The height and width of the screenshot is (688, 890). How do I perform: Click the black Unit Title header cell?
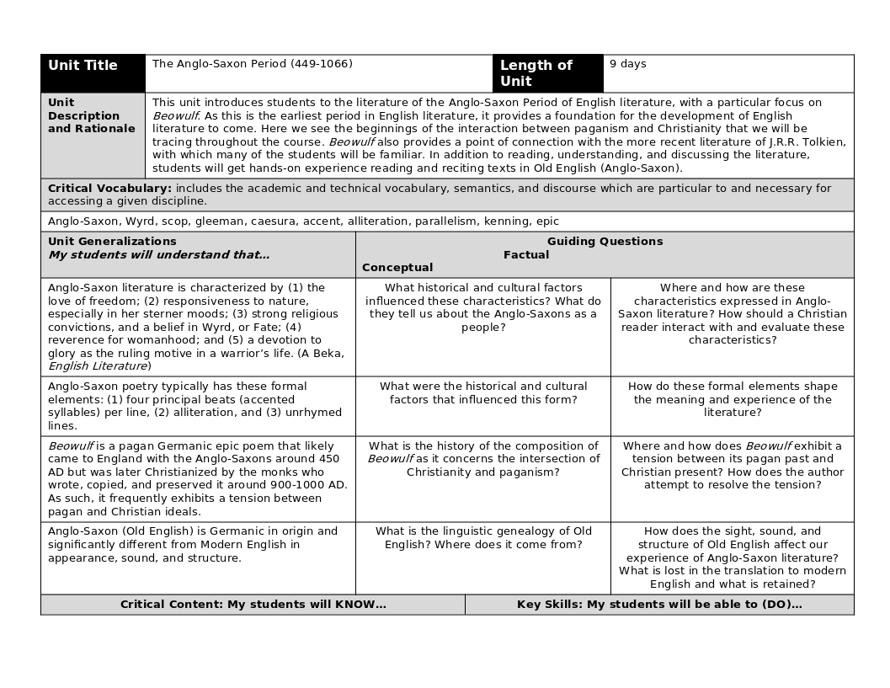[93, 73]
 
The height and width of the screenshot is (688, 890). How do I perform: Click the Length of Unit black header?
[547, 73]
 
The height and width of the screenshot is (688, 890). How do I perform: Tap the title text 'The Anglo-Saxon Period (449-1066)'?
[253, 64]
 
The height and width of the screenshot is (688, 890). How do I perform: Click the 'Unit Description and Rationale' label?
[92, 116]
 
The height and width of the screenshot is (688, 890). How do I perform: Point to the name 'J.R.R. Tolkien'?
[807, 142]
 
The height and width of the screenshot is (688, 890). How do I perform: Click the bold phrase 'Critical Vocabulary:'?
[109, 189]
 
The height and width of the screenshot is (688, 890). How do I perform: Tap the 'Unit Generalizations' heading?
[112, 242]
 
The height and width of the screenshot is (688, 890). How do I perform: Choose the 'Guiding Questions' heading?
[605, 242]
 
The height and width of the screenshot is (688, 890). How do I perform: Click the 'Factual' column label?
[526, 255]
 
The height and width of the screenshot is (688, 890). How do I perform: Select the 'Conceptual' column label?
[397, 268]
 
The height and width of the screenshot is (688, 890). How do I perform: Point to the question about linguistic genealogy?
[483, 538]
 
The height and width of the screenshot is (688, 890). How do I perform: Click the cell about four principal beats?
[195, 406]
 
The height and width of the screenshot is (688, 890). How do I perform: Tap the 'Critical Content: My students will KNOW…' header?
[253, 605]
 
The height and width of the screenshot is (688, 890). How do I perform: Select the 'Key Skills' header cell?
[659, 605]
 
